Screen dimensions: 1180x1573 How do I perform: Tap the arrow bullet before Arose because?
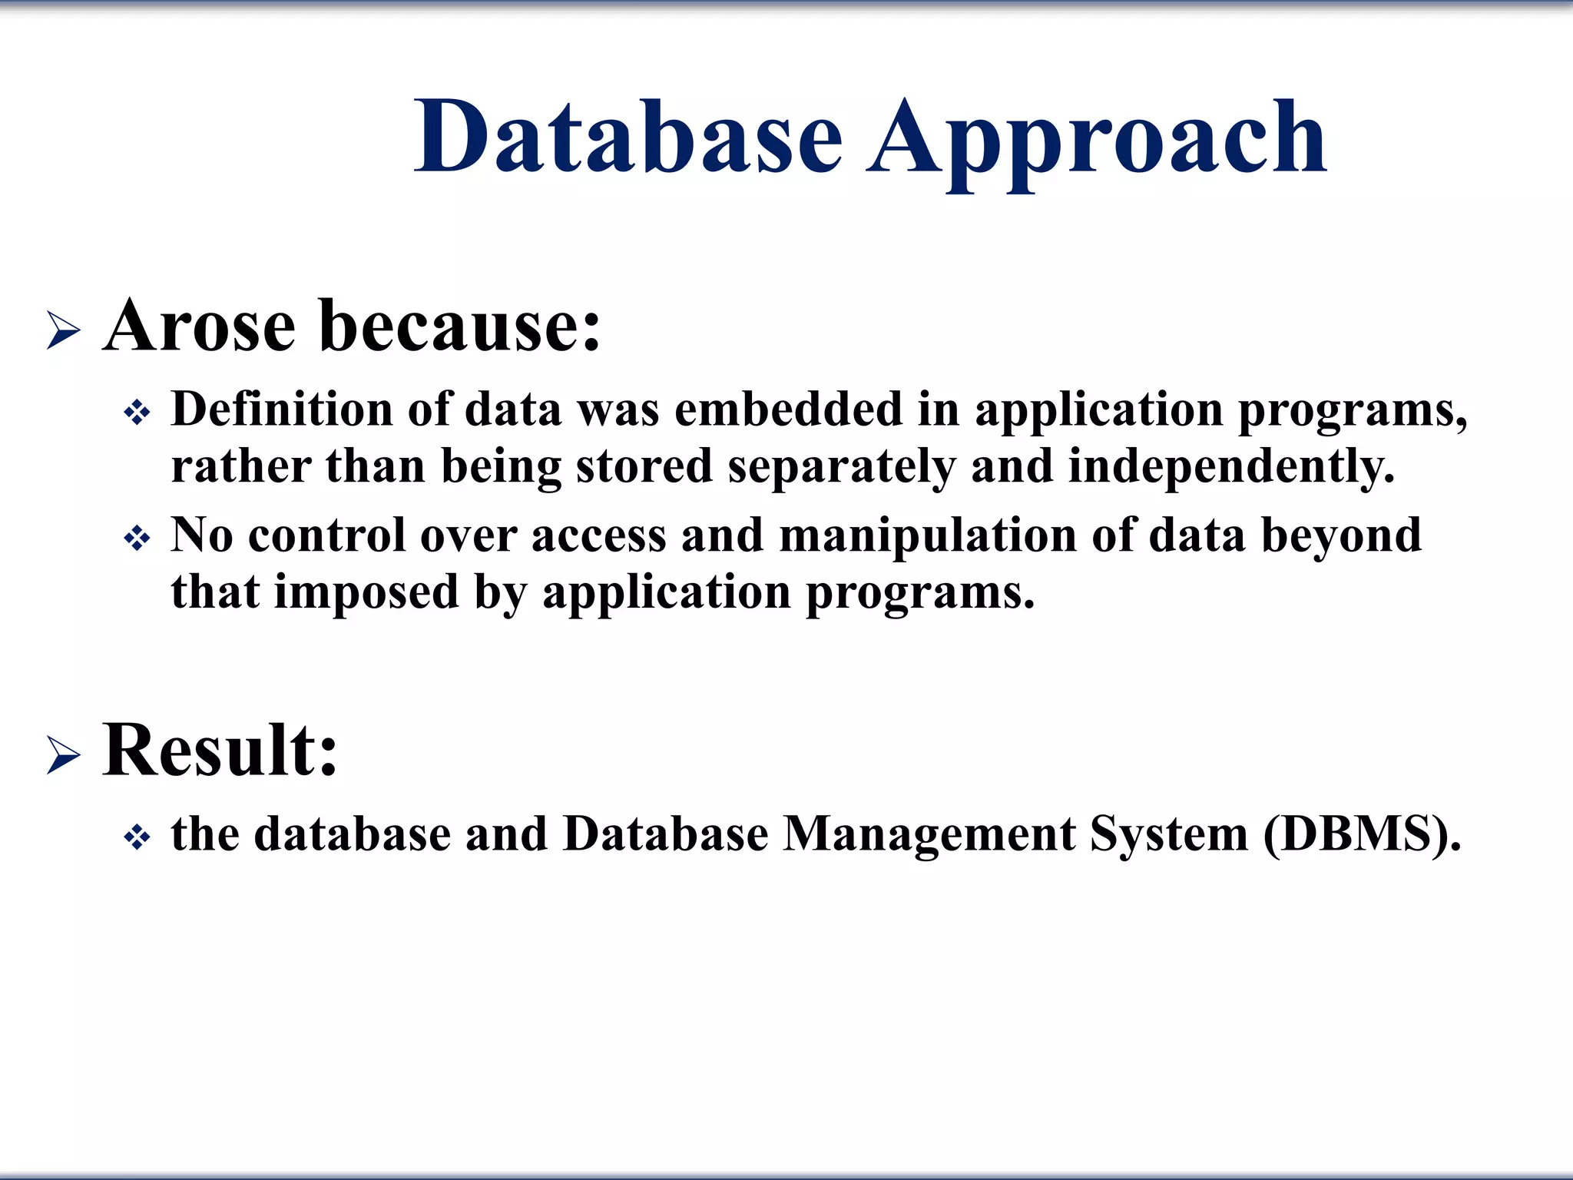(63, 331)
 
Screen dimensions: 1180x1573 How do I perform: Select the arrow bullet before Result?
(63, 755)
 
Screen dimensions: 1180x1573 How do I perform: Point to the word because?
(459, 326)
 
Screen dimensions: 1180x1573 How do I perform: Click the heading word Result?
(220, 751)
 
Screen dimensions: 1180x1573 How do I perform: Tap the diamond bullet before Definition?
(137, 415)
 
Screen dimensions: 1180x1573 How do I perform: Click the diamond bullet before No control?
(137, 539)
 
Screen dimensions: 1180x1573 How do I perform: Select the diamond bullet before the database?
(137, 838)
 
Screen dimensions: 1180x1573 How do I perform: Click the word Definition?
(281, 409)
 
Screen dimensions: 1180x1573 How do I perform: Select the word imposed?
(366, 592)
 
